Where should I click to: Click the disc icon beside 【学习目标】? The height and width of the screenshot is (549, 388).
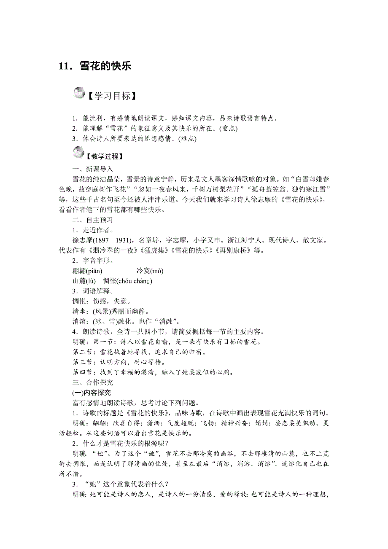(x=79, y=93)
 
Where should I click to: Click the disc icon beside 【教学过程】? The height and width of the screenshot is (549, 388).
(x=79, y=152)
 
